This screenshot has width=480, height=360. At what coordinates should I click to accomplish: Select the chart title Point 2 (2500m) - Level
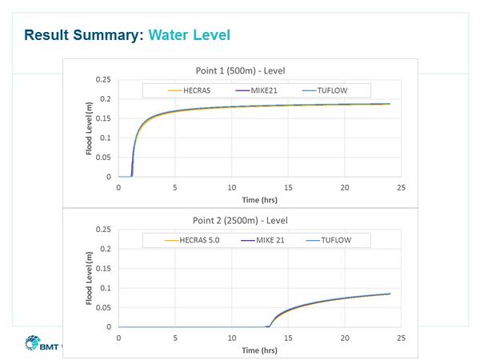[240, 218]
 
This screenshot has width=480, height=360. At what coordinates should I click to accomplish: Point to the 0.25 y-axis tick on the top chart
[103, 80]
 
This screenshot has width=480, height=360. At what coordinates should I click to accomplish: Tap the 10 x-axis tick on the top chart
[231, 188]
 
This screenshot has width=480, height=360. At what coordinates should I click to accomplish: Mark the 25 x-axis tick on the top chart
[402, 188]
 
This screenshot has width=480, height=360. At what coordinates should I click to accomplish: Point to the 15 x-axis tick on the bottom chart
[288, 338]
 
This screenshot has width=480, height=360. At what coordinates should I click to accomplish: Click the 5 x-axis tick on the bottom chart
[175, 338]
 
